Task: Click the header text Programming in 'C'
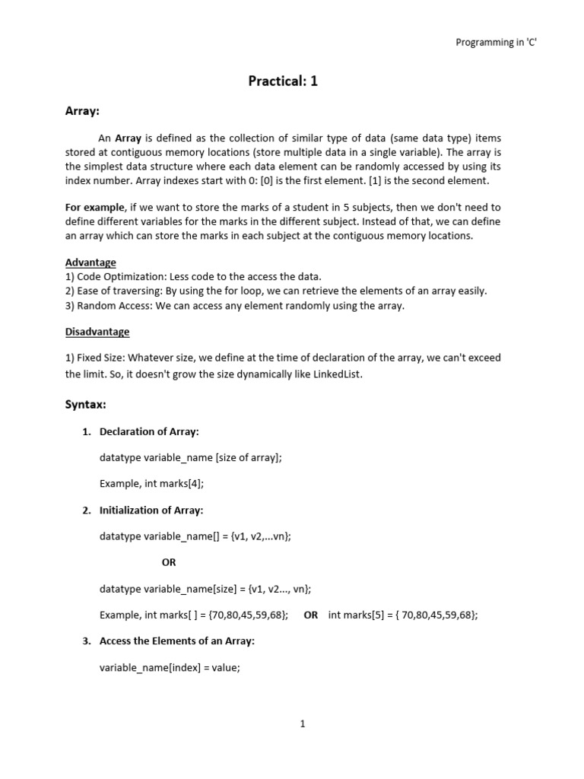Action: pyautogui.click(x=496, y=43)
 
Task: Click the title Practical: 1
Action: pyautogui.click(x=283, y=81)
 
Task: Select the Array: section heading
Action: pyautogui.click(x=82, y=111)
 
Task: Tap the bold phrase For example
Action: pyautogui.click(x=93, y=208)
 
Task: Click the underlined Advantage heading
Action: pyautogui.click(x=90, y=262)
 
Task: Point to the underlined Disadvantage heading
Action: pyautogui.click(x=97, y=332)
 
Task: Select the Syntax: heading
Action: pyautogui.click(x=85, y=405)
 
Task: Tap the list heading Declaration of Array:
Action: pyautogui.click(x=149, y=431)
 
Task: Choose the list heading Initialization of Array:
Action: pyautogui.click(x=151, y=510)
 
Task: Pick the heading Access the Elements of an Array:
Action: pyautogui.click(x=177, y=641)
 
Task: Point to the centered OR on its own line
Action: pyautogui.click(x=168, y=563)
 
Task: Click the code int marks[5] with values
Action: pyautogui.click(x=403, y=615)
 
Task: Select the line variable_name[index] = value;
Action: pyautogui.click(x=170, y=668)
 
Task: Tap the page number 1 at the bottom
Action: pyautogui.click(x=303, y=724)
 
